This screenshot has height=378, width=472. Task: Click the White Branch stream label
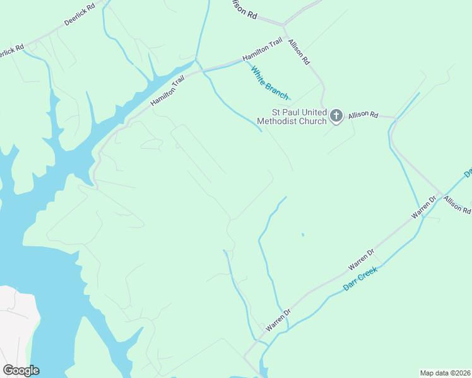(x=270, y=83)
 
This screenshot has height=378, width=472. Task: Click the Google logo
(x=21, y=370)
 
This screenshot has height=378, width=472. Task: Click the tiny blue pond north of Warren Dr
(x=303, y=235)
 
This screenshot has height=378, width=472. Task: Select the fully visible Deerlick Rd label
(x=80, y=14)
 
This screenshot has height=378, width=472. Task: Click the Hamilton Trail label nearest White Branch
(x=262, y=51)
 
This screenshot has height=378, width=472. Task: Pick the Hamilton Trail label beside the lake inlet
(x=167, y=93)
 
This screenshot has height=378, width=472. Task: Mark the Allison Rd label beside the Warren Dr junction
(x=457, y=205)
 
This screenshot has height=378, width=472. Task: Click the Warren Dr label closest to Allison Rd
(x=424, y=207)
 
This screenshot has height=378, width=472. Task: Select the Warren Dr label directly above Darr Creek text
(x=362, y=260)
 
